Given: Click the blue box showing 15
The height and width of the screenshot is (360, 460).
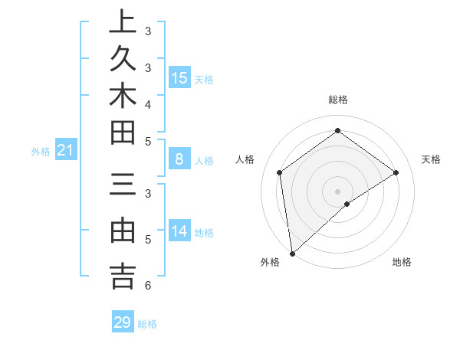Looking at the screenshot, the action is [179, 77].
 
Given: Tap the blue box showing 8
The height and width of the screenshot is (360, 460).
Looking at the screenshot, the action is [179, 159].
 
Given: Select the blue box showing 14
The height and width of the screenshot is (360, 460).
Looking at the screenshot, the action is [179, 231].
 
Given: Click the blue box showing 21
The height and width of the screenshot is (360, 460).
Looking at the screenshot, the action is [66, 151].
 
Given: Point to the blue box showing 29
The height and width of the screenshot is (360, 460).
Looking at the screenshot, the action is [122, 322].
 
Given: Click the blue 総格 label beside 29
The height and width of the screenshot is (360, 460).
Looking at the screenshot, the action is [148, 324].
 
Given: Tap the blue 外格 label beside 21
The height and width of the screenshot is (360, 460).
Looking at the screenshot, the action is [41, 152].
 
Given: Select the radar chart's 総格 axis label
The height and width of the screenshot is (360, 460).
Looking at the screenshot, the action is [338, 100].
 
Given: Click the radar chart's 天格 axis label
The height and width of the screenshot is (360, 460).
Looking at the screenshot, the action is [432, 159].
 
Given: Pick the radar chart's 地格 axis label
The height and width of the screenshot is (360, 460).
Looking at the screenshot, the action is [402, 263].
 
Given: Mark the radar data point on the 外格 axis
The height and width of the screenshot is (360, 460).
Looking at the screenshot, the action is [291, 253].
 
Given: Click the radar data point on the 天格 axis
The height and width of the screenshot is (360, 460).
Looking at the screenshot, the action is [396, 172].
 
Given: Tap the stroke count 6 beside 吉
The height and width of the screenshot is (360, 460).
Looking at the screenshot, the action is [147, 286].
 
